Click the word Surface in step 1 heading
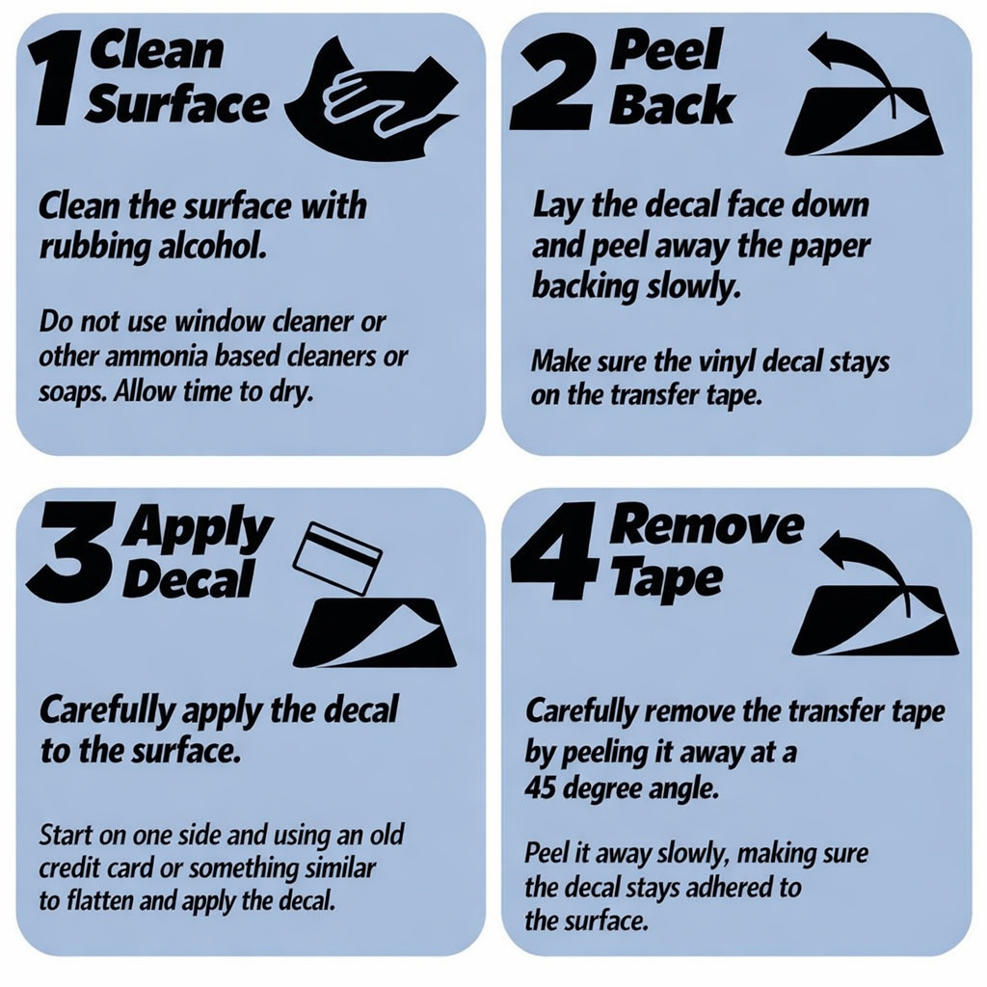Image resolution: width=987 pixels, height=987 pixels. point(177,106)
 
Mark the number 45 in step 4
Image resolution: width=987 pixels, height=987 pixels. point(540,787)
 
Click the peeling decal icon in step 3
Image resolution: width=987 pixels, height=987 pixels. point(377,633)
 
